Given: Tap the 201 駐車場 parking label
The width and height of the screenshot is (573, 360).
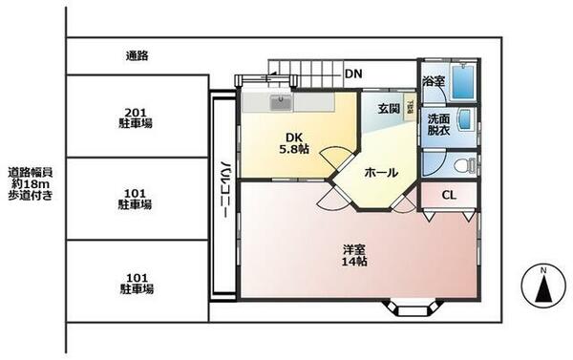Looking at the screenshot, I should [x=137, y=117].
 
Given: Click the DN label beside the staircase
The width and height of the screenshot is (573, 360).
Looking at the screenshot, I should [x=353, y=74].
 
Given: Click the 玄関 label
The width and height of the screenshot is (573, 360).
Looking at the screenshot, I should [x=390, y=107].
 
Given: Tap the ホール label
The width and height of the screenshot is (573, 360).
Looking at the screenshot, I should [x=382, y=172].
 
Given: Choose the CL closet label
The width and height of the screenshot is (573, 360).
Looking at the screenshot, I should [x=447, y=195].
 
